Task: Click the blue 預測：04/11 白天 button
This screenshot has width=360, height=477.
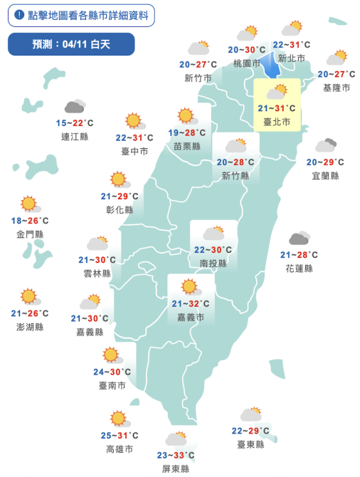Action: tap(71, 44)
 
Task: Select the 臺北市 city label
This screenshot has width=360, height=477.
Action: tap(276, 122)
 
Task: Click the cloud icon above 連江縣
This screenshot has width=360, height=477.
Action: tap(74, 107)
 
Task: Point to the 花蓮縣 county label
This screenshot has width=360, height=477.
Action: tap(299, 268)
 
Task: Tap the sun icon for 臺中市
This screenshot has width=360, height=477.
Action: tap(133, 121)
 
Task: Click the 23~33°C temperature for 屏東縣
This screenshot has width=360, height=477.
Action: tap(176, 455)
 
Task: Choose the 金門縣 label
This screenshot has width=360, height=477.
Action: tap(30, 234)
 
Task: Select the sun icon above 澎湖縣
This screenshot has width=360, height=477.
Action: tap(28, 296)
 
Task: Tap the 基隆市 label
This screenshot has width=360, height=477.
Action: tap(337, 88)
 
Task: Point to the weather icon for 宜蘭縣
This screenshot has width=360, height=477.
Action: tap(326, 146)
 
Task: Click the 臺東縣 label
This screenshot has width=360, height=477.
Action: tap(250, 444)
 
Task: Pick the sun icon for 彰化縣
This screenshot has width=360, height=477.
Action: tap(119, 179)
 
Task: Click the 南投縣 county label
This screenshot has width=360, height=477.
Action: tap(213, 263)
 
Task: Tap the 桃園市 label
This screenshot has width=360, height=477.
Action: tap(247, 63)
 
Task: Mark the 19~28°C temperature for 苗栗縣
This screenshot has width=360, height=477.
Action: tap(187, 132)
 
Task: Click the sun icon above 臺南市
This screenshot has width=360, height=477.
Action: tap(111, 355)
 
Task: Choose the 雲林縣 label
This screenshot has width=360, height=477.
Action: tap(97, 273)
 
